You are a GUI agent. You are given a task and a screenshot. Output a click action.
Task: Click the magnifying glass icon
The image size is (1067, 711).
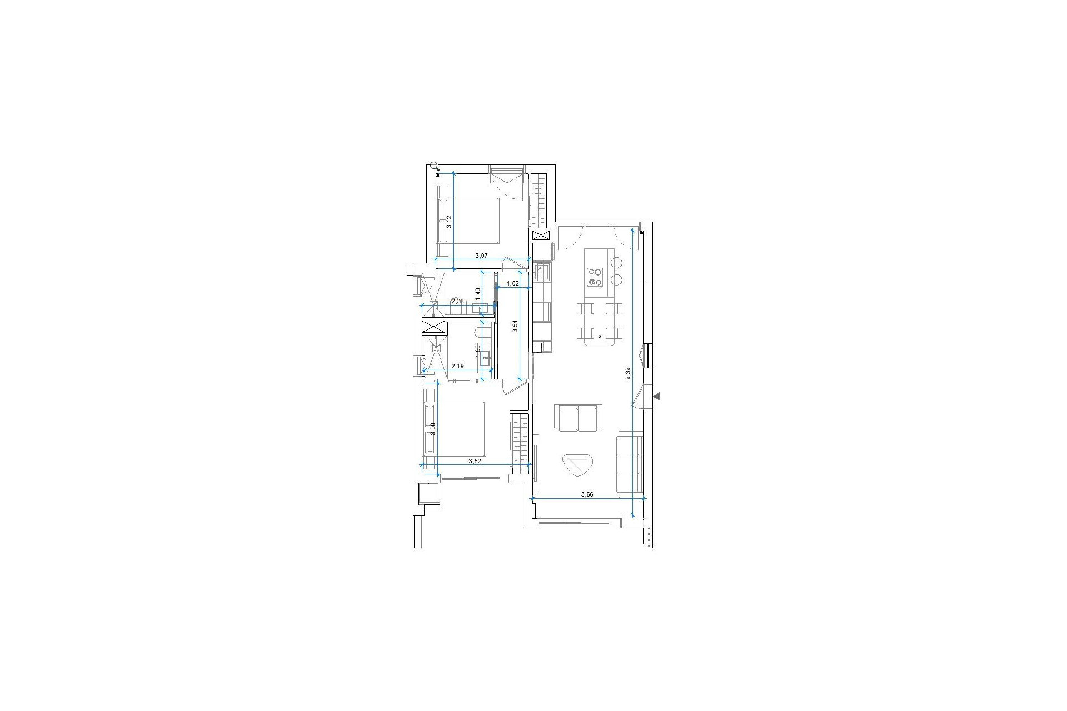[x=435, y=166]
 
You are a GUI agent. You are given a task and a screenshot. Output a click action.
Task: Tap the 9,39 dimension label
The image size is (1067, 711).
[x=628, y=373]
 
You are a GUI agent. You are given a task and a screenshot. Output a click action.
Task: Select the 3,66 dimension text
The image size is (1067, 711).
[x=587, y=494]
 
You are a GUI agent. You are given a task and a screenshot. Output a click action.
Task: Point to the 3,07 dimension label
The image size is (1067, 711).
[x=481, y=256]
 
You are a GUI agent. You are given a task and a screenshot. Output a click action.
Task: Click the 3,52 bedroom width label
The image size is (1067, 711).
[x=475, y=461]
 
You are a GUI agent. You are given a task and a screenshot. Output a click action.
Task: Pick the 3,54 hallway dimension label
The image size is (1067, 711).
[x=516, y=327]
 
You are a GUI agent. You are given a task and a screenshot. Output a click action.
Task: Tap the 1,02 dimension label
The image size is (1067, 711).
[x=512, y=283]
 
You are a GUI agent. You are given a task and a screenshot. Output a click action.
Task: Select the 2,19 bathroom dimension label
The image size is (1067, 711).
[x=457, y=367]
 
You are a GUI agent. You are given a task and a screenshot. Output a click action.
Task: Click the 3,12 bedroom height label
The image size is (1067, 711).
[x=450, y=222]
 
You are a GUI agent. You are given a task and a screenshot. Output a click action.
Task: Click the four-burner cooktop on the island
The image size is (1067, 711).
[x=596, y=277]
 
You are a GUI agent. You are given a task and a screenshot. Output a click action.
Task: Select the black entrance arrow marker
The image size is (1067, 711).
[x=656, y=396]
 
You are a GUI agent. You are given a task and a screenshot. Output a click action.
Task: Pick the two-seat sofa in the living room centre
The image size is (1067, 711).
[x=579, y=418]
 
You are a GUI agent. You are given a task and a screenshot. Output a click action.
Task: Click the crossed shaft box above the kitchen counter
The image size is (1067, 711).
[x=540, y=236]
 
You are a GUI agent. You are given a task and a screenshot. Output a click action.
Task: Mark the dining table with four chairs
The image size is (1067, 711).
[x=600, y=322]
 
